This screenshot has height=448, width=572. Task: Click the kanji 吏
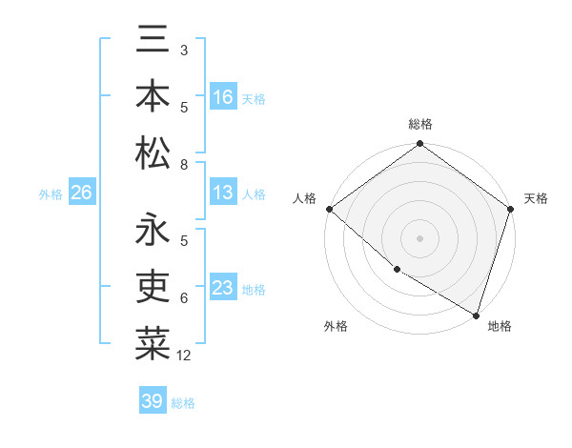pyautogui.click(x=153, y=286)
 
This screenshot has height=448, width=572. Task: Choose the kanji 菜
pyautogui.click(x=153, y=342)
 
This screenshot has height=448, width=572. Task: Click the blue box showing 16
pyautogui.click(x=223, y=96)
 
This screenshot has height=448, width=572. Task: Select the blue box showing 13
pyautogui.click(x=223, y=193)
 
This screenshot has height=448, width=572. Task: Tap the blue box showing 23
pyautogui.click(x=223, y=288)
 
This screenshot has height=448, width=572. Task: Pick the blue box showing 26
pyautogui.click(x=81, y=193)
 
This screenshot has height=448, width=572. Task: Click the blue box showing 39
pyautogui.click(x=153, y=401)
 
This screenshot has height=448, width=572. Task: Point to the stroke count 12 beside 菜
pyautogui.click(x=185, y=356)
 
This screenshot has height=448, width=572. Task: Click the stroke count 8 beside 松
pyautogui.click(x=184, y=165)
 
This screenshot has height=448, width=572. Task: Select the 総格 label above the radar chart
pyautogui.click(x=420, y=124)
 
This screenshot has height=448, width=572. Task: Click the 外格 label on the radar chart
pyautogui.click(x=336, y=326)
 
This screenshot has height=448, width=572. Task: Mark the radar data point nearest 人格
pyautogui.click(x=329, y=209)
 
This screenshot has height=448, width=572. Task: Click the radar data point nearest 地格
pyautogui.click(x=476, y=315)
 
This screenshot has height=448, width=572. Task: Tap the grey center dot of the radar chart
pyautogui.click(x=420, y=237)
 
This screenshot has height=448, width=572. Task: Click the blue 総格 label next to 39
pyautogui.click(x=183, y=403)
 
